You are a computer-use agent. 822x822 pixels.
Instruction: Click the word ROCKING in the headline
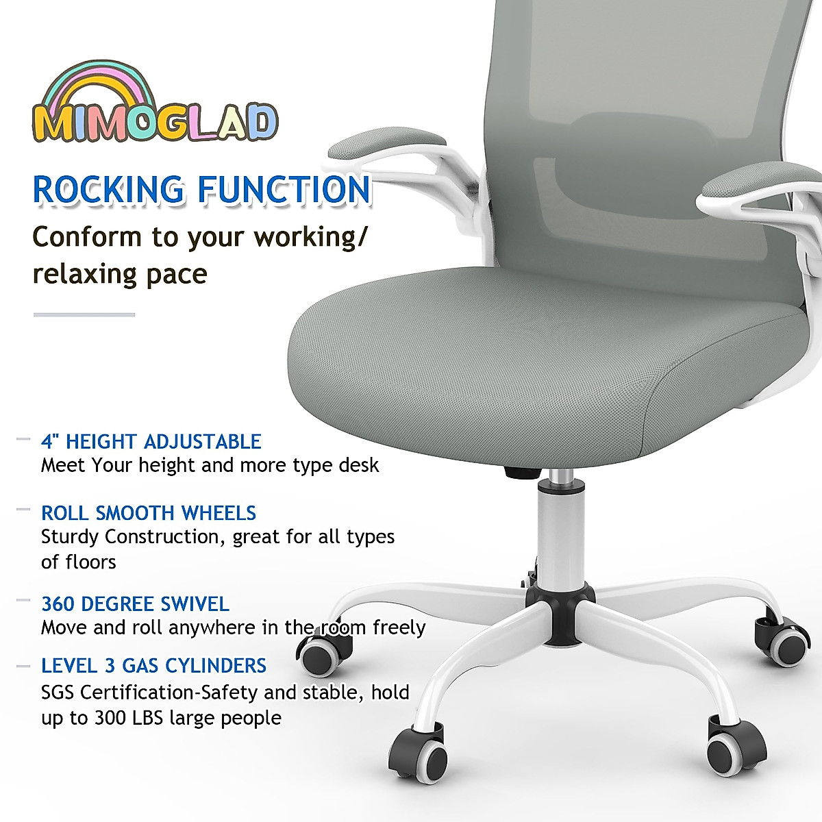109,190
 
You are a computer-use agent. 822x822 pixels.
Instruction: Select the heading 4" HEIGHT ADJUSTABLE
151,441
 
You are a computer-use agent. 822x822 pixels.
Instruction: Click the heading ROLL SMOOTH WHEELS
148,513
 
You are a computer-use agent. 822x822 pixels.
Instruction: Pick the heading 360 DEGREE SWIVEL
135,604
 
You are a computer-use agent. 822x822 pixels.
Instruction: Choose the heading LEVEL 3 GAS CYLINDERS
153,666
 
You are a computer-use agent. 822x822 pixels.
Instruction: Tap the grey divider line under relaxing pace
84,314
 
